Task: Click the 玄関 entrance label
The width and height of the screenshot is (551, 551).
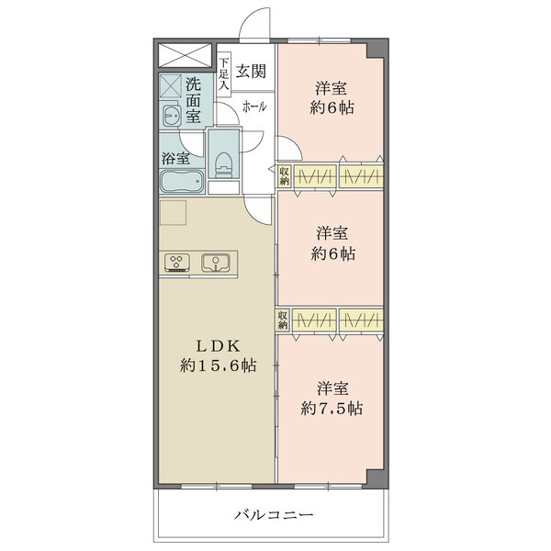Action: coord(251,72)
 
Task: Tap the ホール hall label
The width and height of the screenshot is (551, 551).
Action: coord(254,107)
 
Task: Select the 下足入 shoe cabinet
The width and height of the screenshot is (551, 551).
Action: coord(224,74)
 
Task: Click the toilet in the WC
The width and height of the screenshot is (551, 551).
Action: coord(222,164)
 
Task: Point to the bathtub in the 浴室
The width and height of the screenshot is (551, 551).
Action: coord(182,181)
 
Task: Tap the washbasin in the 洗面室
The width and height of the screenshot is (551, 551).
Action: coord(172,115)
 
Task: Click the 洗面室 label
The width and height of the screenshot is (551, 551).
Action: coord(193,100)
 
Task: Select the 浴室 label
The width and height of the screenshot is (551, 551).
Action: coord(175,158)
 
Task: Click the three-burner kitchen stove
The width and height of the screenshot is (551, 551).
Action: coord(176,263)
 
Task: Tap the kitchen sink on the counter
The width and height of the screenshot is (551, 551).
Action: coord(216,263)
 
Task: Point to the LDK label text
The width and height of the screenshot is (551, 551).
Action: coord(218,347)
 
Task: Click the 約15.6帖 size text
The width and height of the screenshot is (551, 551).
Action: coord(218,365)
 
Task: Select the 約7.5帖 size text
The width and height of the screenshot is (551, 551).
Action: coord(332,409)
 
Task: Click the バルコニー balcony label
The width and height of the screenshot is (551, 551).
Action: coord(274,515)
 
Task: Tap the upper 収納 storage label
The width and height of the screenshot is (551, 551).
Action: coord(284,176)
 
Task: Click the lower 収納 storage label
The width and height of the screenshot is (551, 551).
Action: coord(283,320)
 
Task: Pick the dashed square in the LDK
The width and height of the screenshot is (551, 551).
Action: coord(173,213)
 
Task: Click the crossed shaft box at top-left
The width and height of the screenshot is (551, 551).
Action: coord(185,55)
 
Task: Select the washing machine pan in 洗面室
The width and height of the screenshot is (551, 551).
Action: coord(171,85)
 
